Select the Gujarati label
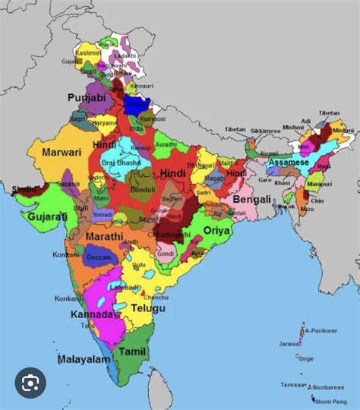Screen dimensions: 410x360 pyautogui.click(x=47, y=217)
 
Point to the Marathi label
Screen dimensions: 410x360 pyautogui.click(x=103, y=237)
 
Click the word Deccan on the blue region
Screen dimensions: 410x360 pyautogui.click(x=98, y=256)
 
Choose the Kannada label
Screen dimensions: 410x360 pyautogui.click(x=92, y=314)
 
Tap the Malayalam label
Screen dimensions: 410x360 pyautogui.click(x=84, y=358)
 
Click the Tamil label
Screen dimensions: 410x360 pyautogui.click(x=132, y=352)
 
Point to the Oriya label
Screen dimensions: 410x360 pyautogui.click(x=216, y=229)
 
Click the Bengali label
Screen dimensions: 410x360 pyautogui.click(x=251, y=200)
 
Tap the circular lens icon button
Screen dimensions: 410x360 pyautogui.click(x=30, y=386)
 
